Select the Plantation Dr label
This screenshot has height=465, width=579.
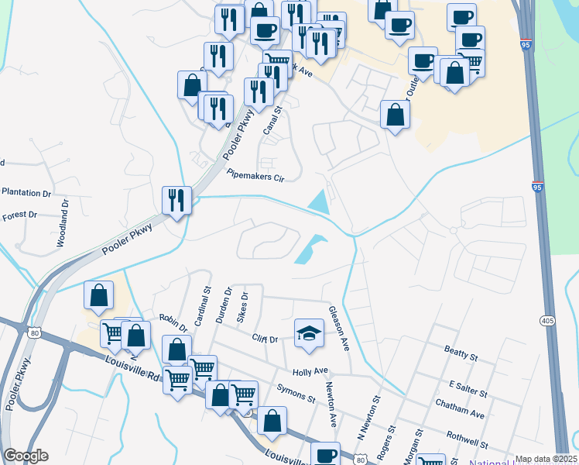point(26,192)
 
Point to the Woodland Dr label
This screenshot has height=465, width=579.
point(62,224)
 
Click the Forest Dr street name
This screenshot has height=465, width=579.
point(20,215)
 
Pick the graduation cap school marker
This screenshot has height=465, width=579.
point(309,332)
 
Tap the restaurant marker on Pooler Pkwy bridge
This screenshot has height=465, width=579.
point(177,201)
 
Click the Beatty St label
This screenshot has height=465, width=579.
point(461,353)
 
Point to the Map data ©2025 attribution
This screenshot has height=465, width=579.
point(546,459)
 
